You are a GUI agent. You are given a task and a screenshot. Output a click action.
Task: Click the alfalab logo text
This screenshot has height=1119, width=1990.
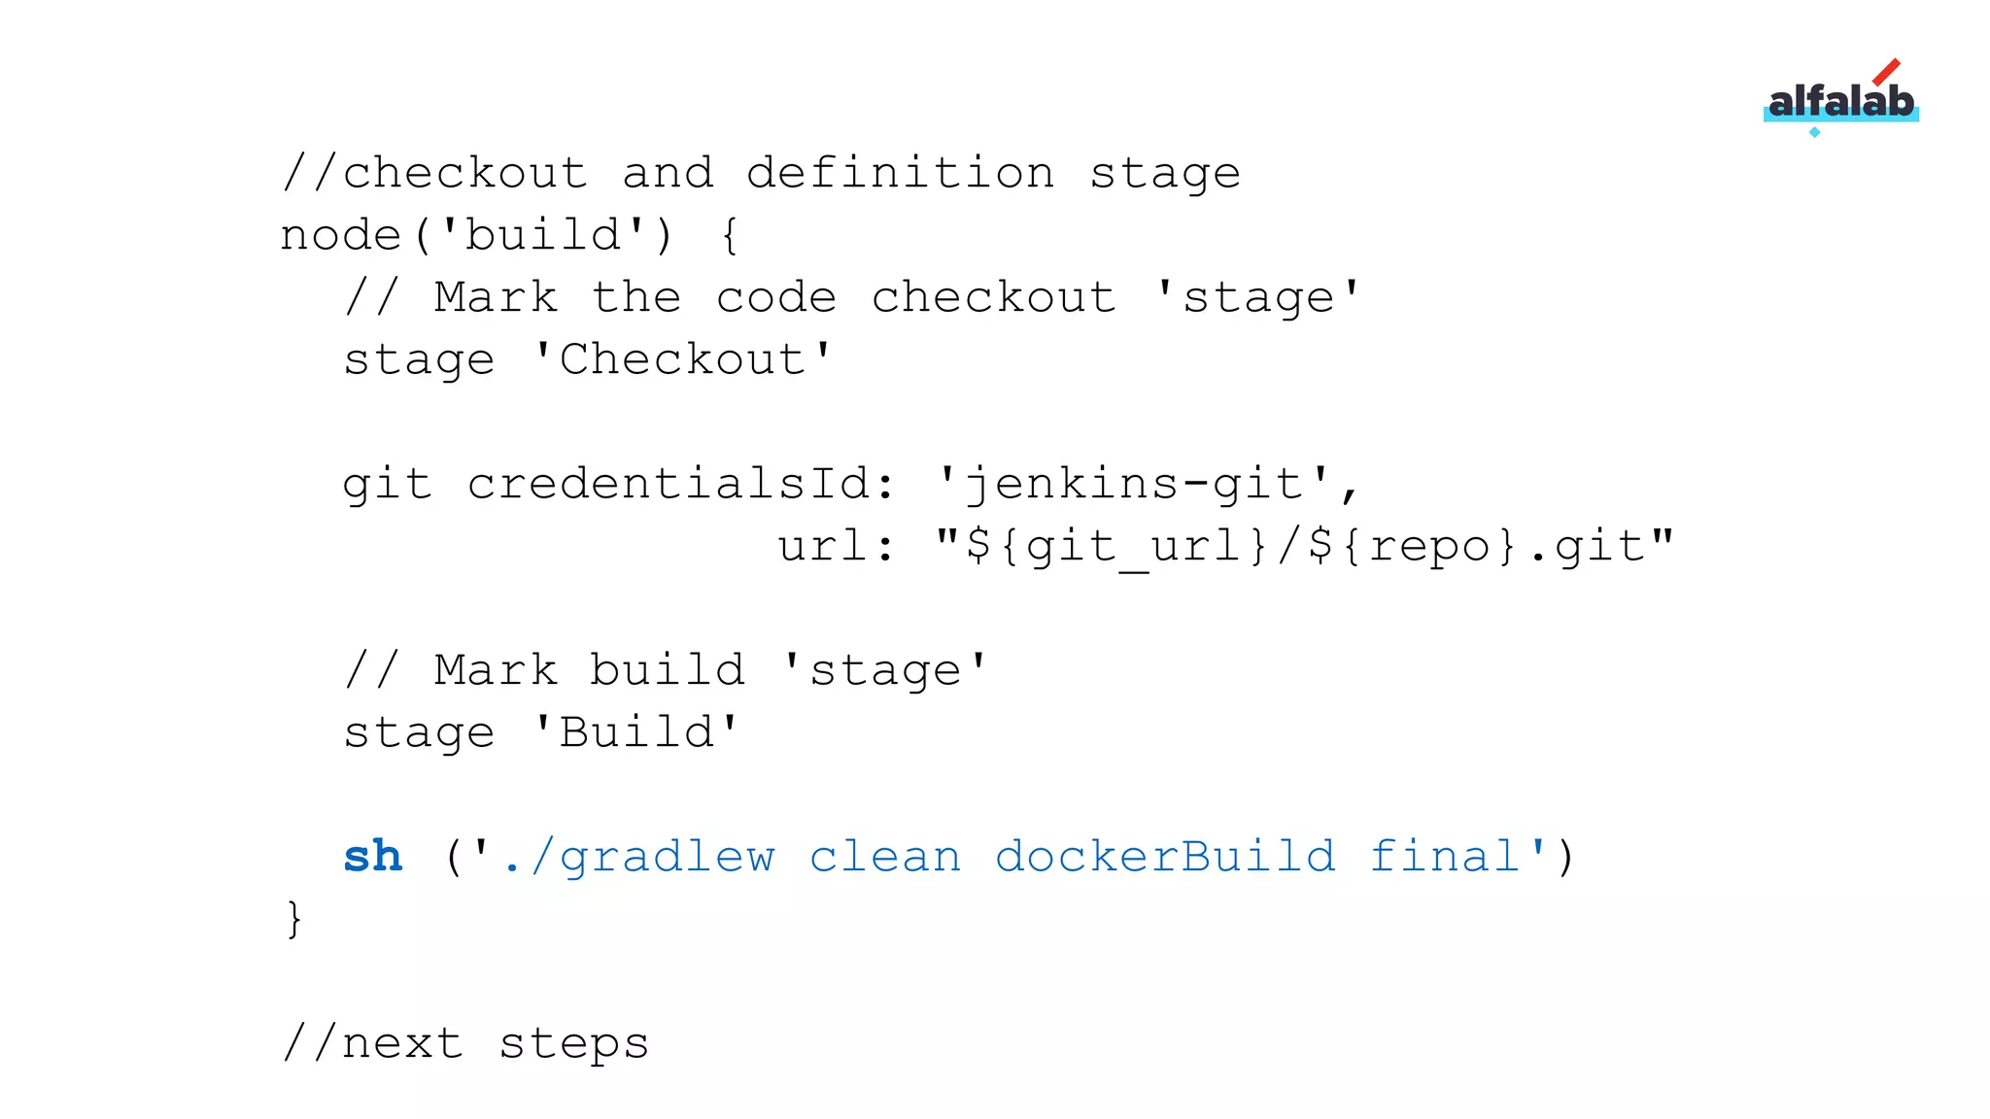(1840, 101)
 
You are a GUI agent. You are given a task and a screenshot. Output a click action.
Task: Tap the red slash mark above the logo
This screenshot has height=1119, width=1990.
(1886, 72)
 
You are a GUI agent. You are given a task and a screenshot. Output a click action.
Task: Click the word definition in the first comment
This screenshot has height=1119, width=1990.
(900, 174)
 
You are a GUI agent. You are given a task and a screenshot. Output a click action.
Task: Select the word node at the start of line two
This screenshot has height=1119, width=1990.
(340, 236)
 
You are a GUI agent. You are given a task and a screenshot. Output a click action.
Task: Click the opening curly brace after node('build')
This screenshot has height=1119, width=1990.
(730, 236)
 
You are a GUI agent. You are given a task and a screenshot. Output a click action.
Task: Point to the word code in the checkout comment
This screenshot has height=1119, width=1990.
(775, 298)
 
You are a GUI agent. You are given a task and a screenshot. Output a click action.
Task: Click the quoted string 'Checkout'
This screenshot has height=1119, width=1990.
(683, 360)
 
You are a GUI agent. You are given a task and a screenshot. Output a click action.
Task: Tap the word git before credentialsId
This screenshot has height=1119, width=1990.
(387, 485)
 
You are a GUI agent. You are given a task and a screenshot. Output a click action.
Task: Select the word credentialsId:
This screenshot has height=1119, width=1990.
(681, 485)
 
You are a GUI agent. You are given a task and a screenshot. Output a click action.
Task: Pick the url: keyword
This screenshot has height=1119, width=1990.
(836, 547)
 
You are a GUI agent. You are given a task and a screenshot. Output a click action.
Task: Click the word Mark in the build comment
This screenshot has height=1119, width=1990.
(496, 671)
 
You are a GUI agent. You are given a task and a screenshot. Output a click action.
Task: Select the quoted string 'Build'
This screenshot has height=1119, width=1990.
(636, 733)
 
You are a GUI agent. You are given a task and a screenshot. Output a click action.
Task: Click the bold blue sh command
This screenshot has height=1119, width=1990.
(372, 857)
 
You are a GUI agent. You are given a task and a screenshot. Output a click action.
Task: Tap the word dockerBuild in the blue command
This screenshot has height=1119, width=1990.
(1164, 858)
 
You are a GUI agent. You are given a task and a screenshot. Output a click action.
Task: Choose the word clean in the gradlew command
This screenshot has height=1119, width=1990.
(884, 858)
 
